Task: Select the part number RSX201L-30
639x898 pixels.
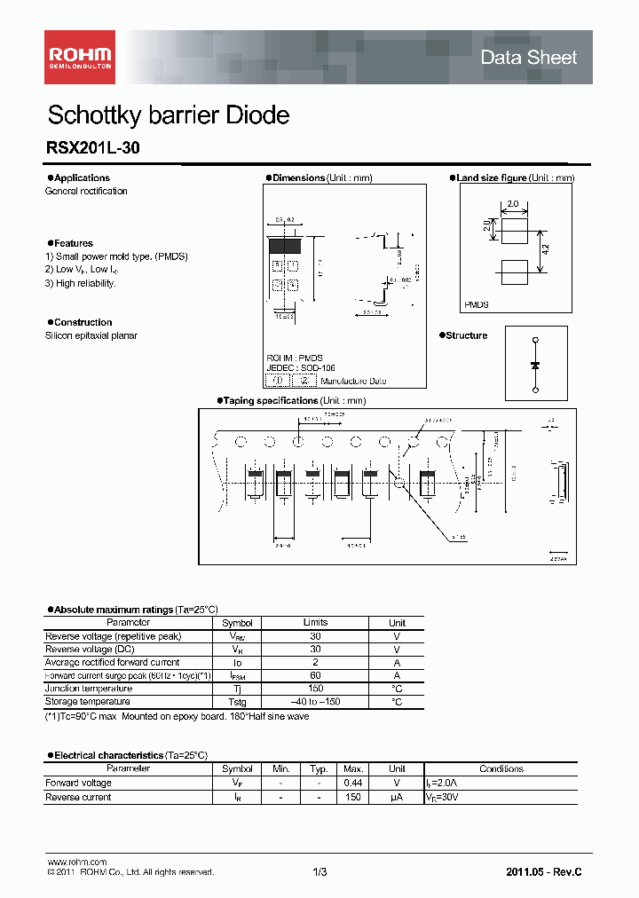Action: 92,150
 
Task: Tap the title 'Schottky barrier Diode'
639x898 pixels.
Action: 168,115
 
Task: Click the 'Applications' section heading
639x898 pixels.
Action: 82,178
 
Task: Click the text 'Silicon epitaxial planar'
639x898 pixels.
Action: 91,335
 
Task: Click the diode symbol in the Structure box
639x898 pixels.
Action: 535,365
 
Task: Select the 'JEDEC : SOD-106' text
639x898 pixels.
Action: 300,367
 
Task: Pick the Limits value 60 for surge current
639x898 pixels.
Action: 315,675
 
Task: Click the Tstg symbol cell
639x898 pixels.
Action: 237,702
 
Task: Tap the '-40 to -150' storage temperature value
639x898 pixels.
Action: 315,702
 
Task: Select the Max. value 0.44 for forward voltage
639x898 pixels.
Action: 353,783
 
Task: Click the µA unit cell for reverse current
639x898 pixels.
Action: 398,797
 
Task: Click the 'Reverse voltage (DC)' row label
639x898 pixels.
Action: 90,650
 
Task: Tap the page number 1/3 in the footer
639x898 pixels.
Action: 319,872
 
